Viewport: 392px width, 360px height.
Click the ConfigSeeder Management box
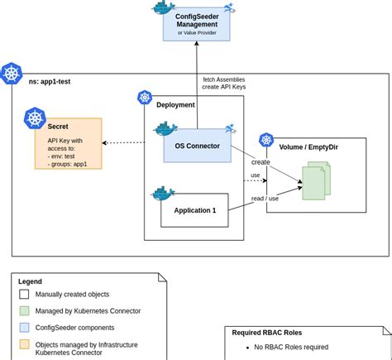[196, 24]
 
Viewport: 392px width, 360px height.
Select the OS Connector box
[197, 146]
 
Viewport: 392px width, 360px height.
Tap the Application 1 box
[194, 210]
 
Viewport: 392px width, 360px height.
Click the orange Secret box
[68, 143]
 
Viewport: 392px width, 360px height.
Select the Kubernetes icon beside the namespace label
[12, 74]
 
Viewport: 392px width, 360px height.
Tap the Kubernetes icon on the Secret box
[34, 118]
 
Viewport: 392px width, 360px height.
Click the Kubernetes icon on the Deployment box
[145, 98]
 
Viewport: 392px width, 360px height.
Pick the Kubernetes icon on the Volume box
[266, 140]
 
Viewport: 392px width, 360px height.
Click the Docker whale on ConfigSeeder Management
[163, 7]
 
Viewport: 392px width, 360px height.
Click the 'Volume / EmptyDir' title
[308, 146]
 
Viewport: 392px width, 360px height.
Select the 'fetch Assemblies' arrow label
[223, 79]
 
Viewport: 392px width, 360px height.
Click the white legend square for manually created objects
[24, 294]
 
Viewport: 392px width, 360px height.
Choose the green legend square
[24, 310]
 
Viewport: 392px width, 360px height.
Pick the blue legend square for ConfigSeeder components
[24, 327]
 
